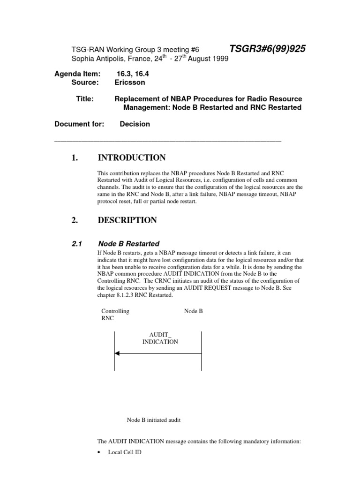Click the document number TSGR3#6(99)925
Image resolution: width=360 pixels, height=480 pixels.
pos(267,49)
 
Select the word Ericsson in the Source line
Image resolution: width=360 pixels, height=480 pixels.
pos(130,82)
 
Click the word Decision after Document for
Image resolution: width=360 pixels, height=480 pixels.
pos(135,124)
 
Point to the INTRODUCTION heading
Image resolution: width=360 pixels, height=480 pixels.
pos(131,157)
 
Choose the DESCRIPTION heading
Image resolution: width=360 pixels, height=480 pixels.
pos(127,220)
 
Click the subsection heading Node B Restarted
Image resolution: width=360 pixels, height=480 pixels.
pos(129,244)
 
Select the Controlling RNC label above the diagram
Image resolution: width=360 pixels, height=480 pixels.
pos(115,315)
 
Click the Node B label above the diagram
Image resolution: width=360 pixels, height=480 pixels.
pos(194,311)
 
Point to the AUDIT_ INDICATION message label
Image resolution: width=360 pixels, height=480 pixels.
pos(160,338)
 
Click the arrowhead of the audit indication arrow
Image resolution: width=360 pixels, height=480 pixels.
pos(117,353)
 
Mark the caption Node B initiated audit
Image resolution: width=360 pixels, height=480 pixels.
pos(154,420)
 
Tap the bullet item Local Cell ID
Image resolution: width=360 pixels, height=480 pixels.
pos(124,452)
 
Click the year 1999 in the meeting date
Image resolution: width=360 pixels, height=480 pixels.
pos(219,58)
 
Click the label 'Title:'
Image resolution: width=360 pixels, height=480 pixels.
pos(84,99)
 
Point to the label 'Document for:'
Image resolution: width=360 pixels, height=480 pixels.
pos(79,124)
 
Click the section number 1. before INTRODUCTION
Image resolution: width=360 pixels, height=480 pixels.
pos(75,157)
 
